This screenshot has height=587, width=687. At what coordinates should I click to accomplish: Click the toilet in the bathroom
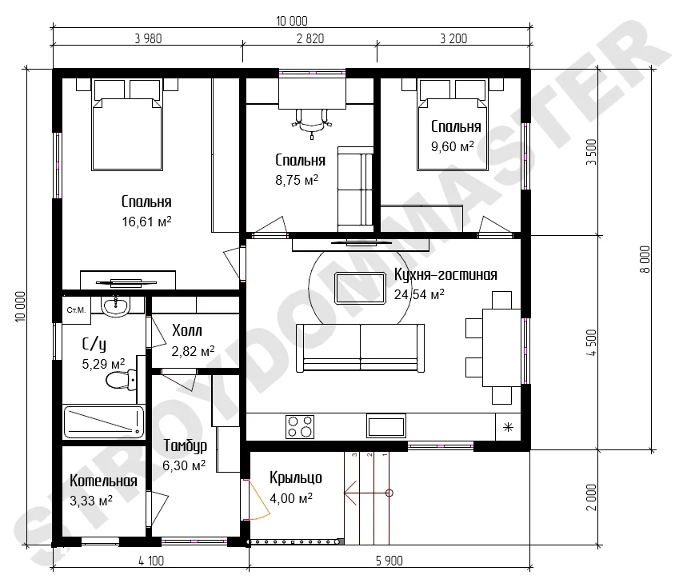pyautogui.click(x=121, y=380)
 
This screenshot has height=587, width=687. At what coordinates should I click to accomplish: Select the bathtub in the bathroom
pyautogui.click(x=104, y=422)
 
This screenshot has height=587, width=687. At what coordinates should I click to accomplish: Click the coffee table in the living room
pyautogui.click(x=360, y=288)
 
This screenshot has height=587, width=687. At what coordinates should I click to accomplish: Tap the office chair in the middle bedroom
pyautogui.click(x=312, y=122)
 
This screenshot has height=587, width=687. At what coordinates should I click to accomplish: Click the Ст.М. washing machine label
pyautogui.click(x=76, y=310)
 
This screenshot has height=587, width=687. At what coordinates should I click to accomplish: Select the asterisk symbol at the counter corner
pyautogui.click(x=508, y=427)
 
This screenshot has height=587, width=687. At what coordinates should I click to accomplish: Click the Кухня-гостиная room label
pyautogui.click(x=445, y=274)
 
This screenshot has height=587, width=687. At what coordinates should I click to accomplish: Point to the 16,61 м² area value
pyautogui.click(x=146, y=222)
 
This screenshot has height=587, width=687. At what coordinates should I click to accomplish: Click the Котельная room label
pyautogui.click(x=103, y=481)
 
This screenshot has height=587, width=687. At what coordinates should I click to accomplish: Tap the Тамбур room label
pyautogui.click(x=185, y=445)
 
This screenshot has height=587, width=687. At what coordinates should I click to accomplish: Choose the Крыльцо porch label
pyautogui.click(x=296, y=478)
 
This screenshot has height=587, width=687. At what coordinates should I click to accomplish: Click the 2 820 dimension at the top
pyautogui.click(x=310, y=38)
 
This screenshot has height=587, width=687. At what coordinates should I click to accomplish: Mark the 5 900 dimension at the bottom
pyautogui.click(x=389, y=561)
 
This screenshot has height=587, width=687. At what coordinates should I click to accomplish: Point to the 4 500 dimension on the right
pyautogui.click(x=592, y=343)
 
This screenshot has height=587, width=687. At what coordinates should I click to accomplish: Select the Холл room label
pyautogui.click(x=187, y=330)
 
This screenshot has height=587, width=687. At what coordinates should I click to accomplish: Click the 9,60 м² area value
pyautogui.click(x=452, y=146)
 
